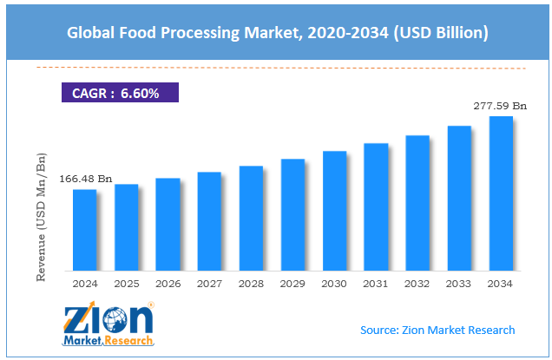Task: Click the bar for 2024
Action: click(x=85, y=229)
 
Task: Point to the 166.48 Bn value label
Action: click(x=85, y=179)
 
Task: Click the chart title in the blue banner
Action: click(x=276, y=34)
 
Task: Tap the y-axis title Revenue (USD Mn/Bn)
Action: click(x=41, y=218)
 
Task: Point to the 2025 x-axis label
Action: click(x=126, y=283)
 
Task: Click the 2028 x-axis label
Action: click(x=251, y=283)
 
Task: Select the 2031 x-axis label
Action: click(x=376, y=283)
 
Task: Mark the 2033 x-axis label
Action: click(x=459, y=283)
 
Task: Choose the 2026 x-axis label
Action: click(x=168, y=283)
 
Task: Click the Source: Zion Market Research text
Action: click(x=437, y=330)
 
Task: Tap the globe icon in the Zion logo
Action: click(x=115, y=320)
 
